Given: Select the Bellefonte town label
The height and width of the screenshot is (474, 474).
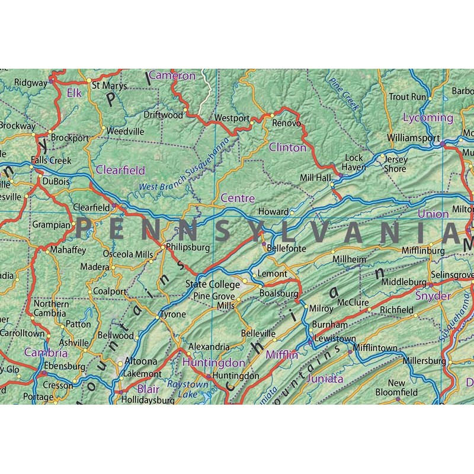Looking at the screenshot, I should [287, 249].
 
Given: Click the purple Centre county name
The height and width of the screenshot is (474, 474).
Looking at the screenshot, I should [238, 198].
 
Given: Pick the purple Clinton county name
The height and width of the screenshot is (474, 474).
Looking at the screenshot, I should [288, 147].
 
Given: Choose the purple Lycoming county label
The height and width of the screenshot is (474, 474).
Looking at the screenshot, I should [428, 117].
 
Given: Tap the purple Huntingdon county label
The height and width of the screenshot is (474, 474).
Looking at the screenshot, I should [206, 362].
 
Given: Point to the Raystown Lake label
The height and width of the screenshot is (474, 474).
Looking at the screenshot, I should [188, 389].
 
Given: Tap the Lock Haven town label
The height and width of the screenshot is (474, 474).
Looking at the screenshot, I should [354, 162].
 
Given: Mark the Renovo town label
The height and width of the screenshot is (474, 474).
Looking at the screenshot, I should [287, 123].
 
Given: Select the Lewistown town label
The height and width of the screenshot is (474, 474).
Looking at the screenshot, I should [335, 339].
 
